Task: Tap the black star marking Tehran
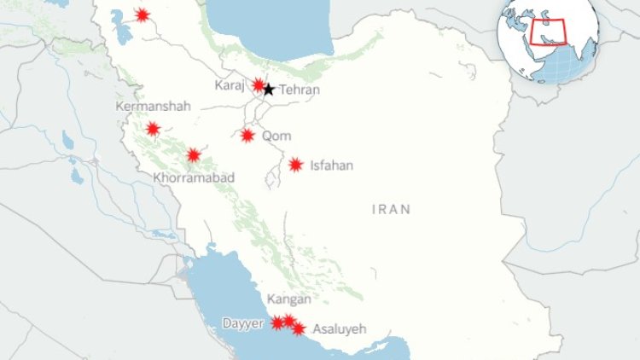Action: coord(268,89)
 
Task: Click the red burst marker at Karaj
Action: coord(259,85)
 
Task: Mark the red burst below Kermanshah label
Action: coord(153,129)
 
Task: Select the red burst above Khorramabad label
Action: coord(194,155)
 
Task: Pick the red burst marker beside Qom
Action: coord(247,135)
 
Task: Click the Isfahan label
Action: coord(332,165)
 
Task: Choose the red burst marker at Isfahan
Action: coord(295,165)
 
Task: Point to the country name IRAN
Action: coord(392,208)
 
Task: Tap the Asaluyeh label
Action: coord(340,328)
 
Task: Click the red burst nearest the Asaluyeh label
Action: coord(298,328)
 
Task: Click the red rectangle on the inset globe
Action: coord(551,31)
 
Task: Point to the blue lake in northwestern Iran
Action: coord(123,28)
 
